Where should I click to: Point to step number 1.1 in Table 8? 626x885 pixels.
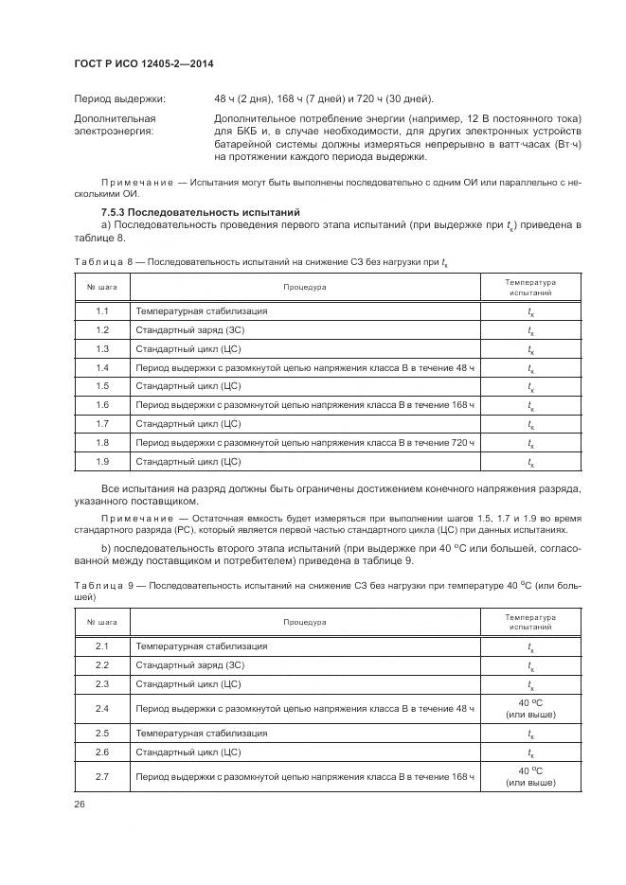coord(102,311)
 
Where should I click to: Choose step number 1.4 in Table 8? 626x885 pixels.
coord(102,367)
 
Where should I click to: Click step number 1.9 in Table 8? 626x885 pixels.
coord(102,461)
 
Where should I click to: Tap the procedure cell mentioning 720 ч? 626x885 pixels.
coord(304,442)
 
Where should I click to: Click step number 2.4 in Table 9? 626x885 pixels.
coord(102,708)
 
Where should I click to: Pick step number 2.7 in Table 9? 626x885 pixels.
coord(102,777)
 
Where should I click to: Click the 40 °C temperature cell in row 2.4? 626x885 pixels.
coord(529,708)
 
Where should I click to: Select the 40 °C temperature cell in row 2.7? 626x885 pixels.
coord(529,777)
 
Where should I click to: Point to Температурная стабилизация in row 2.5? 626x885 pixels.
coord(201,733)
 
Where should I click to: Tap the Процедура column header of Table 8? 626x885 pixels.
coord(304,287)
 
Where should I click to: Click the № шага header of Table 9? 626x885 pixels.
coord(102,622)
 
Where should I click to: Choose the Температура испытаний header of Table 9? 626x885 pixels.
coord(529,622)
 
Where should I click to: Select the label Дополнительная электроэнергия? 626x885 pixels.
coord(115,125)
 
